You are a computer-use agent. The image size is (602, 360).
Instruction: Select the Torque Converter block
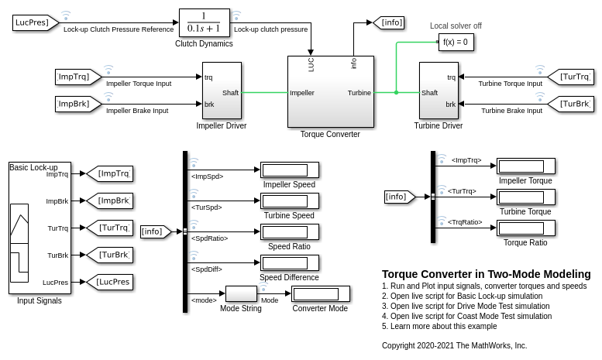pos(330,91)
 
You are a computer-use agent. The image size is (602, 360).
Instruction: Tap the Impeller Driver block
pos(221,91)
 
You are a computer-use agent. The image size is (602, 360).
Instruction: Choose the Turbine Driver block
pos(439,91)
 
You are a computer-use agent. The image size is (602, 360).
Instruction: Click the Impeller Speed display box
pos(289,170)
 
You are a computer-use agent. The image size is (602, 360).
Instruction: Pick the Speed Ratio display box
pos(289,232)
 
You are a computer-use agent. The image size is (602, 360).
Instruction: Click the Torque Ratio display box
pos(525,228)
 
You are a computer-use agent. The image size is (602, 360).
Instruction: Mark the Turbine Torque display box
pos(525,197)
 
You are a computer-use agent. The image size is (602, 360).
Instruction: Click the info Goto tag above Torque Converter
pos(390,22)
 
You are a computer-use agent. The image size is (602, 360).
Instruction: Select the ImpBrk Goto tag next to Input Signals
pos(109,201)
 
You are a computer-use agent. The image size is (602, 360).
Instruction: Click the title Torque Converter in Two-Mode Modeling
pos(486,274)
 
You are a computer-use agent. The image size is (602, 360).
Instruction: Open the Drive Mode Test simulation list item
pos(466,306)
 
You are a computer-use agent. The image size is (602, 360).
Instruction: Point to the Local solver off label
pos(456,26)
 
